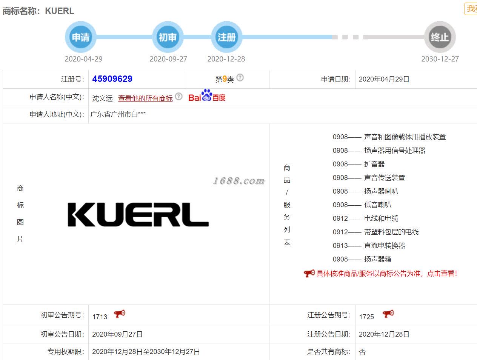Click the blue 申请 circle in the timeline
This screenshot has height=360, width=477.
[x=81, y=37]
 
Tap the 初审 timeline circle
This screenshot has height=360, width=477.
[x=168, y=37]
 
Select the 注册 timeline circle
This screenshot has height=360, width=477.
[x=226, y=37]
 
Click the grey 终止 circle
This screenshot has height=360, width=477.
[x=440, y=37]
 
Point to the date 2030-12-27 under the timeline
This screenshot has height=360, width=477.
[x=440, y=59]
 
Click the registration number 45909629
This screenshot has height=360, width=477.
[x=112, y=79]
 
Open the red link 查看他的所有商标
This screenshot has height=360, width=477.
[x=145, y=98]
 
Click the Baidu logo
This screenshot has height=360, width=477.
[x=207, y=96]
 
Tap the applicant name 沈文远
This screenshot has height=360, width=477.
[x=102, y=98]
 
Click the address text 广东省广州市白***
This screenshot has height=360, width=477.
[x=118, y=114]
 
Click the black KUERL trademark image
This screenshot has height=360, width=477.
[x=138, y=215]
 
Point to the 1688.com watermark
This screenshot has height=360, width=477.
[x=238, y=181]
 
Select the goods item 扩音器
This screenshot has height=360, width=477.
[x=374, y=164]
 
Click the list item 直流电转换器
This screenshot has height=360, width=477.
[x=385, y=246]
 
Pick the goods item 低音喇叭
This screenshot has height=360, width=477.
[x=378, y=205]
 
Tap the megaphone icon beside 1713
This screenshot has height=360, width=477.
[x=120, y=314]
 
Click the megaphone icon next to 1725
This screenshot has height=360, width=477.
[x=388, y=314]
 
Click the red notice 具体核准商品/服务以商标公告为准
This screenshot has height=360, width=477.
[x=381, y=274]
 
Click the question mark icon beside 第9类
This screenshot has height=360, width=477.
[x=240, y=78]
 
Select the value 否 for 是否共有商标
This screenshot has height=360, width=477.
[x=362, y=352]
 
